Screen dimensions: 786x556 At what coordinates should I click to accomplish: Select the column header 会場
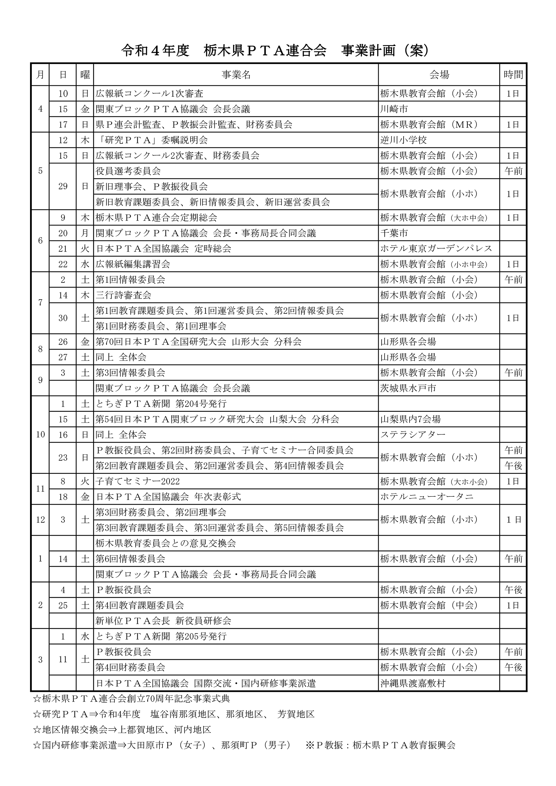pyautogui.click(x=439, y=75)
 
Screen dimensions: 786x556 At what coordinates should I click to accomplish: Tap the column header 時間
pyautogui.click(x=513, y=75)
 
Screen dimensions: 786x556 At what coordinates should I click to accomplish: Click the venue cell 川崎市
pyautogui.click(x=394, y=109)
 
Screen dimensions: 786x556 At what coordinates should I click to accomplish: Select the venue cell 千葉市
pyautogui.click(x=394, y=233)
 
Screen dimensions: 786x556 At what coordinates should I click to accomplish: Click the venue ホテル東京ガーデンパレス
pyautogui.click(x=436, y=248)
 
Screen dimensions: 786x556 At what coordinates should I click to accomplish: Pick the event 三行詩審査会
pyautogui.click(x=123, y=295)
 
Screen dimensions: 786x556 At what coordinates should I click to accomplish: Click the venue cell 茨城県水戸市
pyautogui.click(x=408, y=388)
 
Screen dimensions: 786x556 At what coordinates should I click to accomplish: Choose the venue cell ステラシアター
pyautogui.click(x=413, y=435)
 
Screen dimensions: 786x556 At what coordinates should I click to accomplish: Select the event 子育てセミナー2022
pyautogui.click(x=137, y=481)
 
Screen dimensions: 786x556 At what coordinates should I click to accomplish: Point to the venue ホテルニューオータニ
pyautogui.click(x=426, y=497)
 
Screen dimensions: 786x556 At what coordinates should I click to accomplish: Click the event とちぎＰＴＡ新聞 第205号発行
pyautogui.click(x=161, y=636)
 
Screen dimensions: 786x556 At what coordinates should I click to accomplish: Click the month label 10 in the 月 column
pyautogui.click(x=40, y=435)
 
